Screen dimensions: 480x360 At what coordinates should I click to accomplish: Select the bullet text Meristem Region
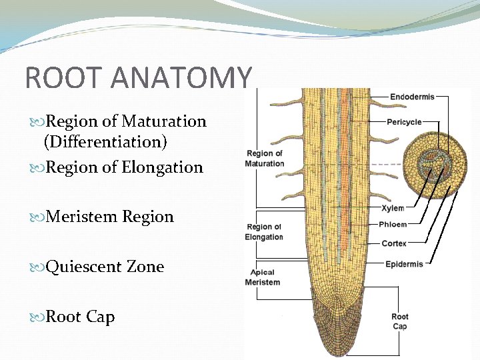click(x=109, y=217)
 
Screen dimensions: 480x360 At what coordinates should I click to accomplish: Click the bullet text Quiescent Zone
click(x=104, y=267)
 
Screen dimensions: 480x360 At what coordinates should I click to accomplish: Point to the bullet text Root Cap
click(x=79, y=317)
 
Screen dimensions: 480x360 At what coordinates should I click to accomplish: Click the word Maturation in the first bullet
click(x=170, y=121)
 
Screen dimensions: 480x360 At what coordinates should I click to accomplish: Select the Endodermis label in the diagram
click(x=411, y=97)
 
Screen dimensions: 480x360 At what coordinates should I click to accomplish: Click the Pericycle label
click(x=405, y=122)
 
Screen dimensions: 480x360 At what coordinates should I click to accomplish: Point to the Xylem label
click(x=393, y=209)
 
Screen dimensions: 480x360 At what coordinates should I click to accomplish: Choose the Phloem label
click(x=393, y=225)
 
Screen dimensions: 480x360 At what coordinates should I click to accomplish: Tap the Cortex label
click(x=394, y=243)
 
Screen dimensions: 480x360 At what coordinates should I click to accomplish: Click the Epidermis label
click(x=404, y=264)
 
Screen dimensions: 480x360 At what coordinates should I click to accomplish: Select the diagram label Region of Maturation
click(x=264, y=159)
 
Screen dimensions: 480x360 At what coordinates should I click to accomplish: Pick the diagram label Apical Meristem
click(x=263, y=277)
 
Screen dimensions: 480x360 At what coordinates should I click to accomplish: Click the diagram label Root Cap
click(x=400, y=321)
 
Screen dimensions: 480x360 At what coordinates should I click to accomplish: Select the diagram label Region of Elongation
click(x=264, y=232)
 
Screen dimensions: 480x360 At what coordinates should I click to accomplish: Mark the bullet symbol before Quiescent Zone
click(x=38, y=267)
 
